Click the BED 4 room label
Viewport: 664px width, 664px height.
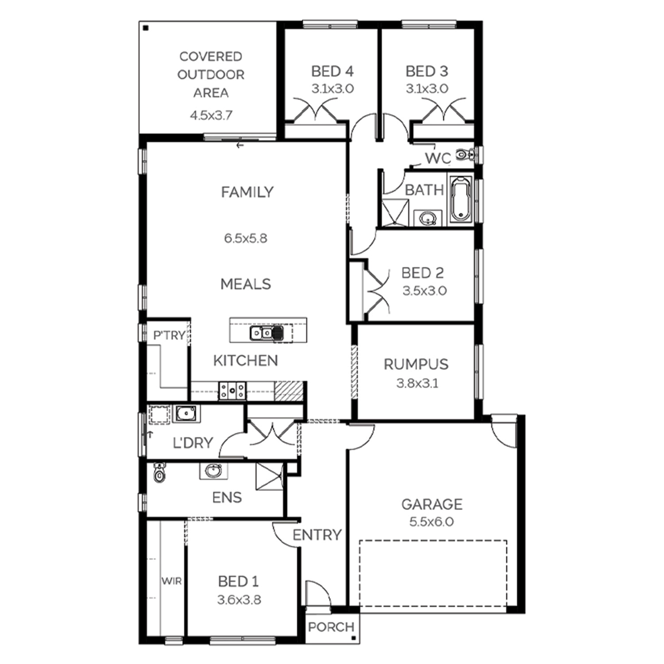pos(332,71)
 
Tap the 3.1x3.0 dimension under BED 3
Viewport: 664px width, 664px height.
pos(427,89)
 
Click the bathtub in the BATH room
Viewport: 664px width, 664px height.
pos(461,199)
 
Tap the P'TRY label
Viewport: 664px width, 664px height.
pos(169,336)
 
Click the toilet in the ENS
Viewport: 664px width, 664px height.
pos(159,472)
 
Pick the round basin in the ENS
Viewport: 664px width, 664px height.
pos(214,471)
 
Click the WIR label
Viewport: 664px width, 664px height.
pos(171,581)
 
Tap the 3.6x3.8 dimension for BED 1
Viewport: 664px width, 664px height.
pos(239,600)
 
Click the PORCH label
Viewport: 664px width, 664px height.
pos(331,627)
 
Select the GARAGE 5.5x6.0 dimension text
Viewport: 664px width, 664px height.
pos(432,522)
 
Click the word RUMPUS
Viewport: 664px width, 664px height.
pos(416,364)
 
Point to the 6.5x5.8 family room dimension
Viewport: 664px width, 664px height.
pos(246,239)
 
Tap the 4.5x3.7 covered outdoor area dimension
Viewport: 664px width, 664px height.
pos(211,116)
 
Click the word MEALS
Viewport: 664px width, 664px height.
pos(246,284)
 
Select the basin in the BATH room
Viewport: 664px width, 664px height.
pos(428,218)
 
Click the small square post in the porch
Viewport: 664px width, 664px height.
pos(353,638)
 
